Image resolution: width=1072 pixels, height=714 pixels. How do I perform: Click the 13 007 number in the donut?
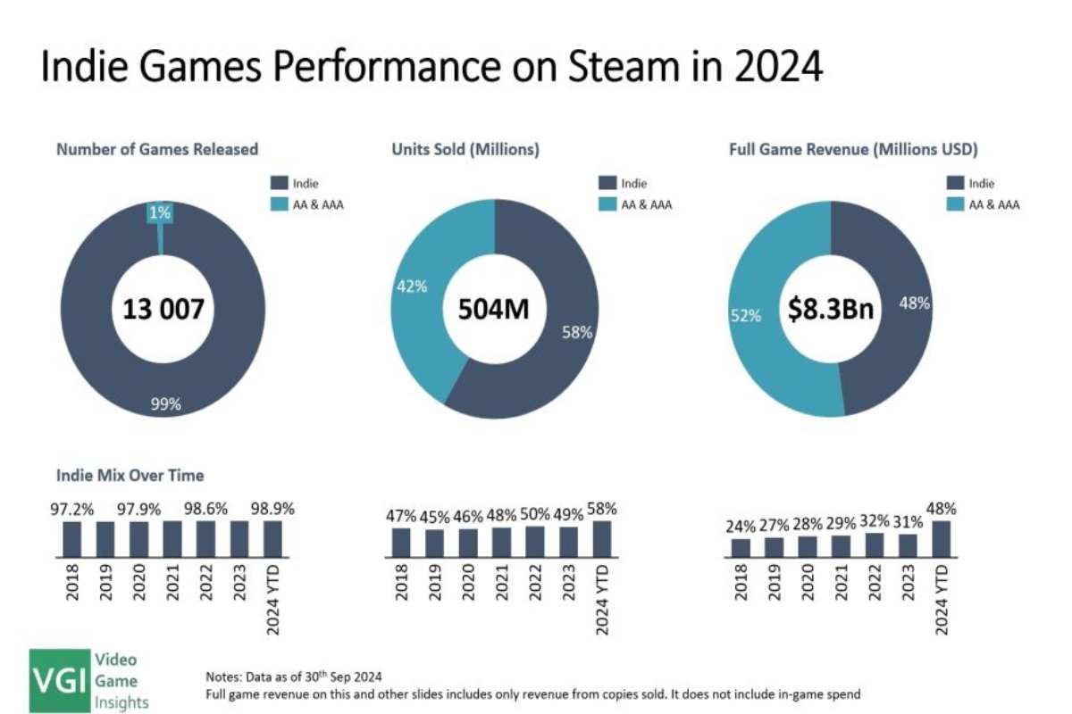[163, 311]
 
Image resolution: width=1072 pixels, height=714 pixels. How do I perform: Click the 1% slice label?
[161, 212]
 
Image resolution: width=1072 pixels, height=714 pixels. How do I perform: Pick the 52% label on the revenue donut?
[747, 315]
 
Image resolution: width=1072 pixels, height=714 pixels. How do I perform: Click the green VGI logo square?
[59, 681]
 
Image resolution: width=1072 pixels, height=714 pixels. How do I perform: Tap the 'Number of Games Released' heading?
[157, 150]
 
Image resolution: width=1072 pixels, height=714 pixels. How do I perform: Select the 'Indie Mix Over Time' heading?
[130, 476]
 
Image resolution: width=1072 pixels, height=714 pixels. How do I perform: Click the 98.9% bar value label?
[272, 508]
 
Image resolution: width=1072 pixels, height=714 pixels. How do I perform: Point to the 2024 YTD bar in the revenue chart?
[942, 538]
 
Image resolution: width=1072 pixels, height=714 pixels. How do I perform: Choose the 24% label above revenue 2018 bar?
[741, 526]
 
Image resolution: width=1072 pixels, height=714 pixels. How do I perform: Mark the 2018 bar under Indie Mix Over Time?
[71, 538]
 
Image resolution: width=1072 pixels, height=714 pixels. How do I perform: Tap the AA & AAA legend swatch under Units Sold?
[607, 204]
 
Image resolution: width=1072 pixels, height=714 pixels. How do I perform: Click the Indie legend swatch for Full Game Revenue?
[953, 184]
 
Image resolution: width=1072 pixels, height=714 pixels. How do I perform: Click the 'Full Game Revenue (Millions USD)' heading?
[854, 150]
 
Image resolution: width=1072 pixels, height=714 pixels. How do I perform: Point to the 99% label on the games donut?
[165, 403]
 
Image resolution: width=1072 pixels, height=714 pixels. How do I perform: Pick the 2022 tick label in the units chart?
[536, 580]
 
